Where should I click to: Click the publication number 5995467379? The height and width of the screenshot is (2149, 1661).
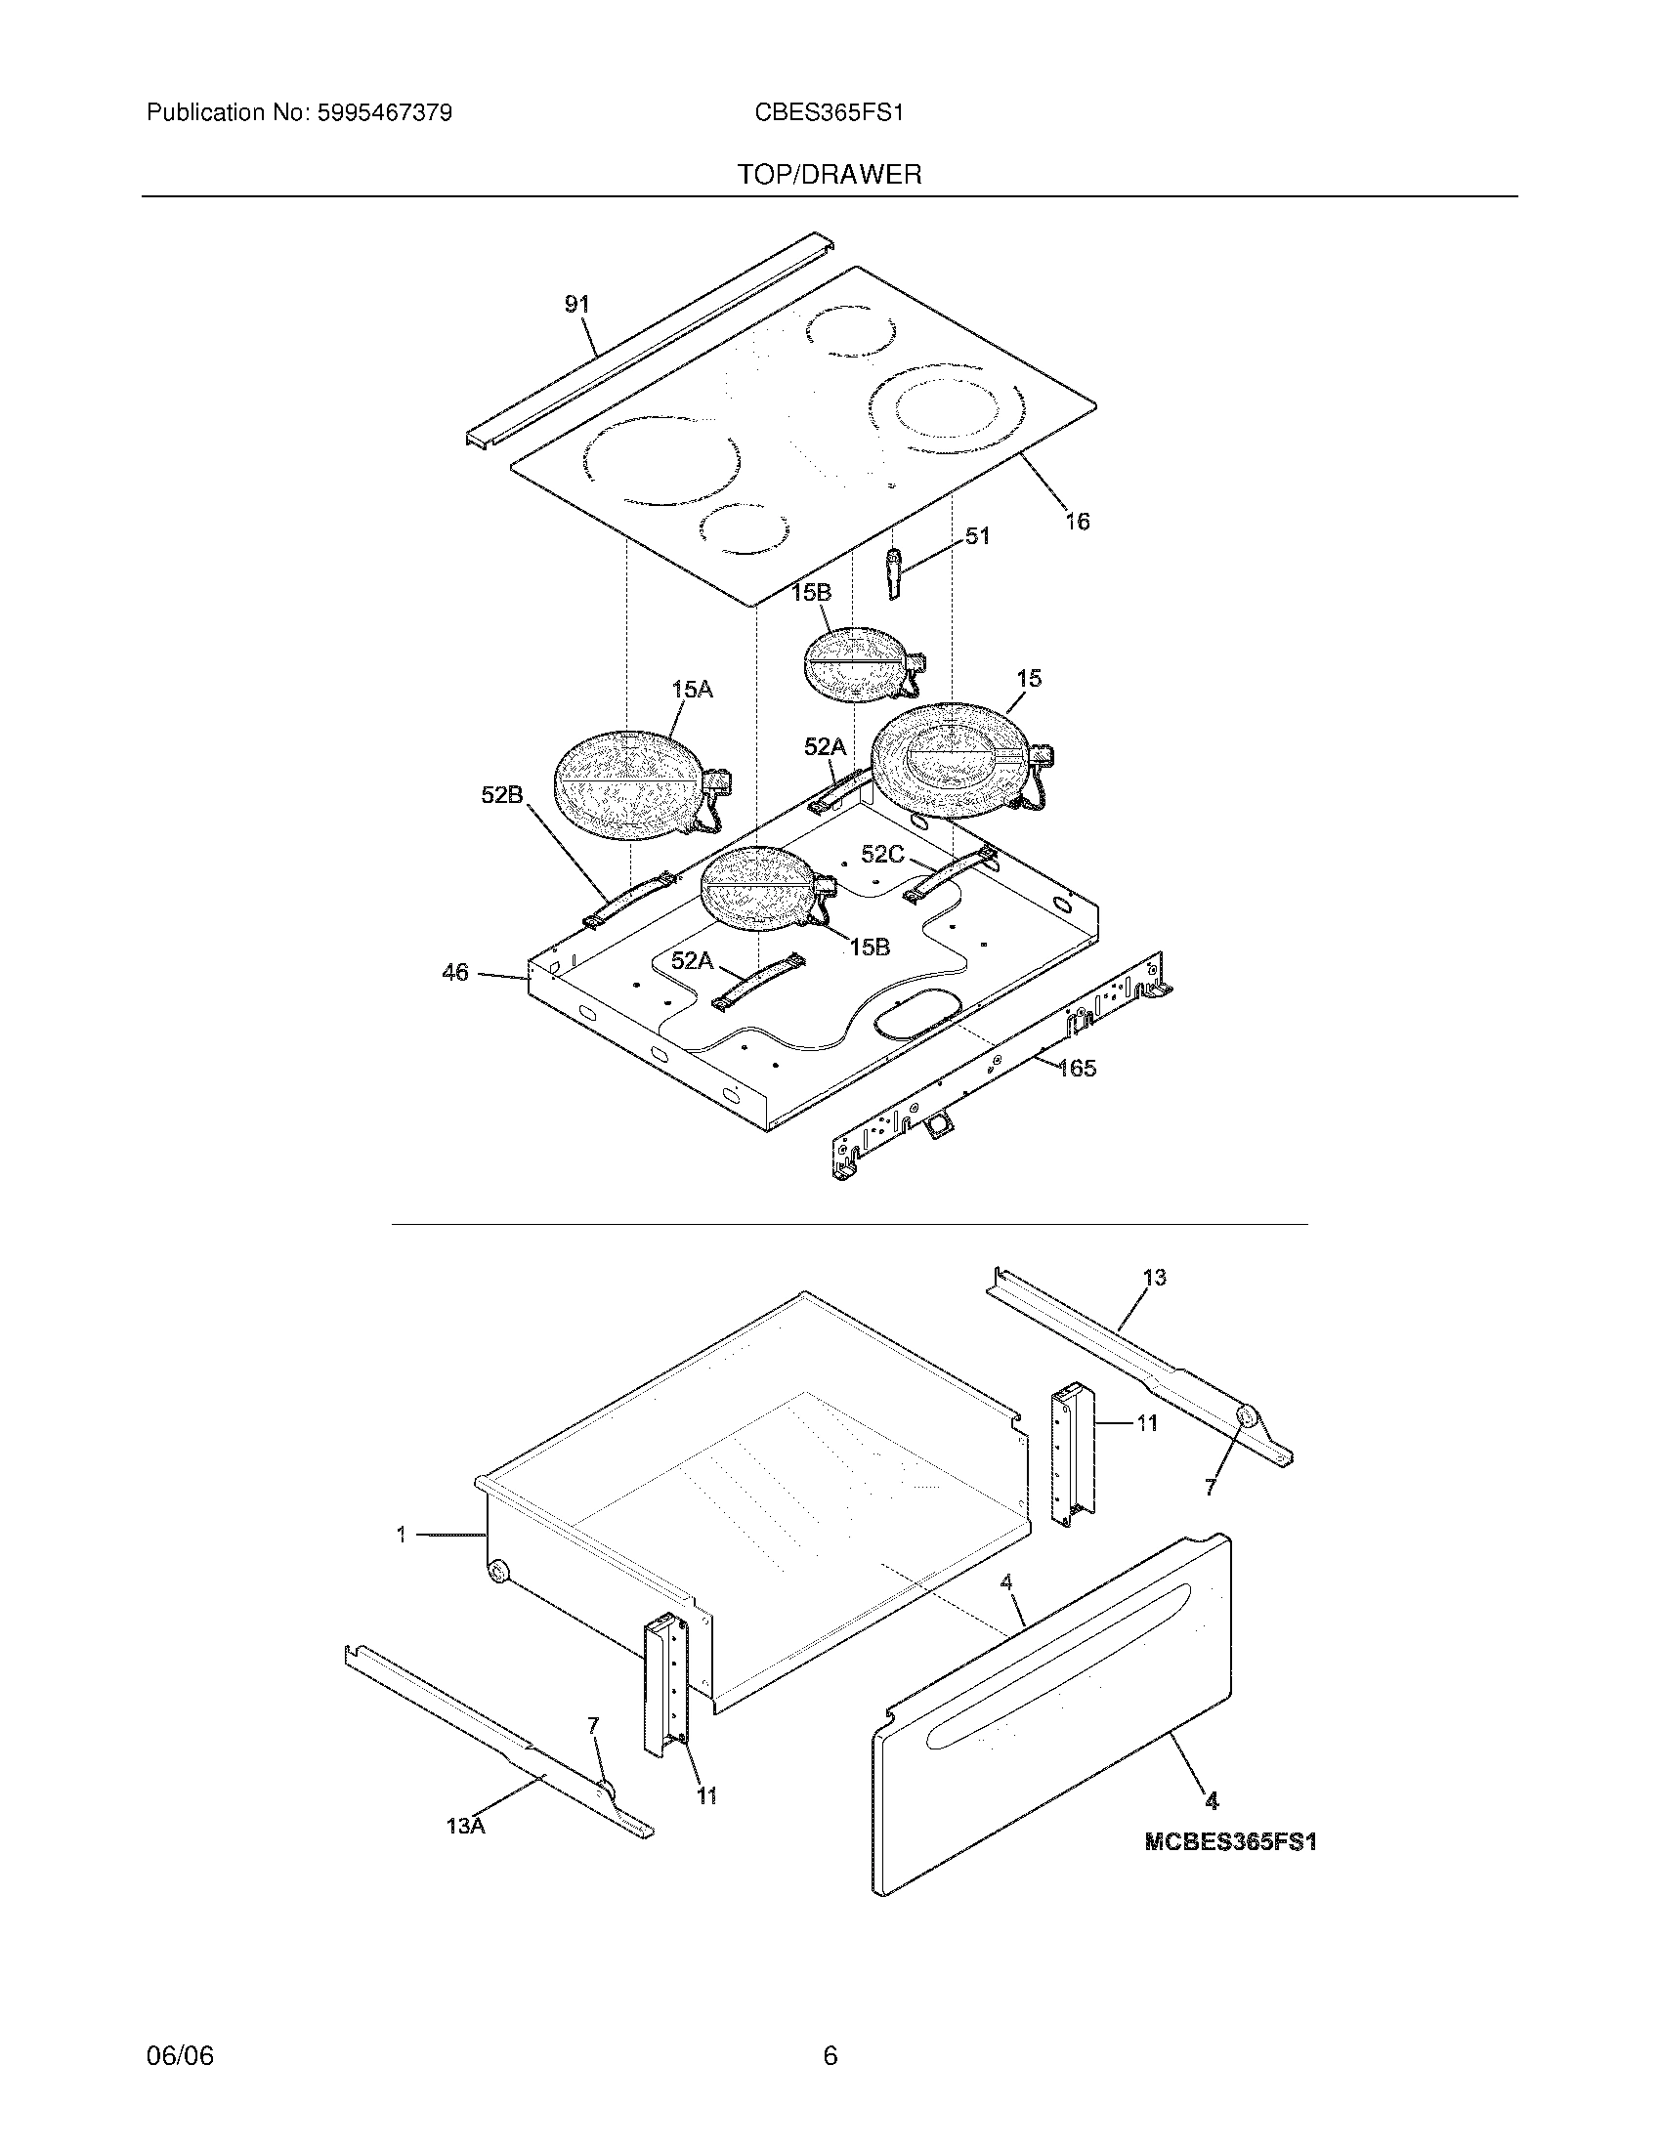(384, 113)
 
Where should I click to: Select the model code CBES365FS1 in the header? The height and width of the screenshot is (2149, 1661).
(829, 113)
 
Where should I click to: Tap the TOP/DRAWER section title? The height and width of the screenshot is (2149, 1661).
(830, 175)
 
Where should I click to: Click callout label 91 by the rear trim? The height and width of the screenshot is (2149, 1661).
(576, 305)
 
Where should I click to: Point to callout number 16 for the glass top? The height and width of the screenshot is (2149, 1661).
(1078, 522)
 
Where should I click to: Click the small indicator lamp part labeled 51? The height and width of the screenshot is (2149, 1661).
(893, 572)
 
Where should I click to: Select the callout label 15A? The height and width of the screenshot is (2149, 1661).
(692, 690)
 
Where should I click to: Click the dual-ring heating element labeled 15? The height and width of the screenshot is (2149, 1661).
(950, 761)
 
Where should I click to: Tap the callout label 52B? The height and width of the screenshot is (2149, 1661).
(502, 795)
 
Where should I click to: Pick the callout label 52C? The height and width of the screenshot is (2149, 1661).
(881, 854)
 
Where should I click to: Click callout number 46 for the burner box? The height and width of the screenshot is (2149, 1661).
(454, 973)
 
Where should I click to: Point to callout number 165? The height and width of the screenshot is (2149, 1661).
(1077, 1068)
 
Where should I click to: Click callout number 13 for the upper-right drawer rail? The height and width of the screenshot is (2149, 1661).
(1154, 1278)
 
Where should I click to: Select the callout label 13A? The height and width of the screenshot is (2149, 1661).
(465, 1826)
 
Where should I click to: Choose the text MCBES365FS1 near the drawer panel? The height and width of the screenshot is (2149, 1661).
(1230, 1842)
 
